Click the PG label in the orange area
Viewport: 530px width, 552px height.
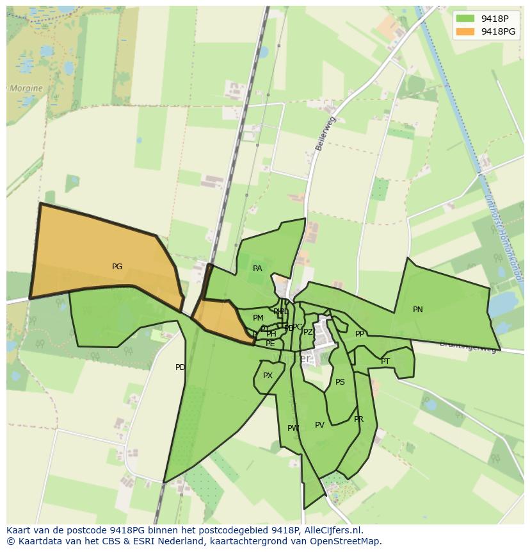117,267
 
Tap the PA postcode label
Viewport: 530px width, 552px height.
257,269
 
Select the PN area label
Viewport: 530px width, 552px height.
418,310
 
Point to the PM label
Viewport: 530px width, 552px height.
258,318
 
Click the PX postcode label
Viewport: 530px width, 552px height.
268,376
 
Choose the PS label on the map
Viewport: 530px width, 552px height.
340,382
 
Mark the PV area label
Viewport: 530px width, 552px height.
319,425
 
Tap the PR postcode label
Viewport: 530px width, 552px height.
358,419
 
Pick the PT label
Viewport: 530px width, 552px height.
385,362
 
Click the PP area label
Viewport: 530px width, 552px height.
360,334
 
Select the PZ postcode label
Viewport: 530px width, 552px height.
308,332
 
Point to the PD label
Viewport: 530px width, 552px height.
180,367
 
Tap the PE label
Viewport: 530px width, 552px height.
270,344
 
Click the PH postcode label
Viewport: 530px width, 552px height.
271,334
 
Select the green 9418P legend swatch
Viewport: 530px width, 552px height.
465,18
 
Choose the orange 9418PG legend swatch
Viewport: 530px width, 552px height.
465,31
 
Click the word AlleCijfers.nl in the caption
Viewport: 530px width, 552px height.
332,530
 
